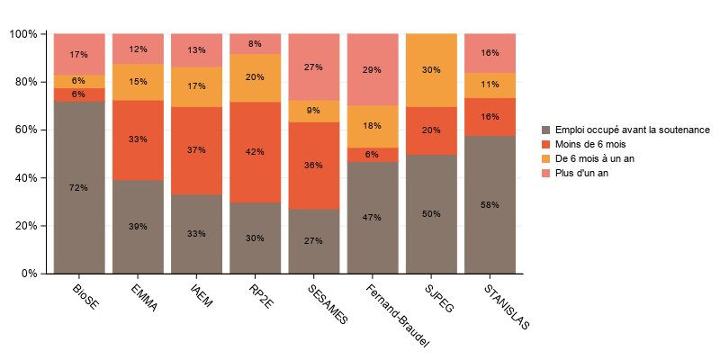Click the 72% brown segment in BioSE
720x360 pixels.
point(79,187)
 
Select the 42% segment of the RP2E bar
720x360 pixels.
point(255,152)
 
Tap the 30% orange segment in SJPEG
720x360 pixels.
point(431,70)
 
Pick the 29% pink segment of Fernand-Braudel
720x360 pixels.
point(373,69)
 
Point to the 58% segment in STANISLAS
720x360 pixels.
point(490,204)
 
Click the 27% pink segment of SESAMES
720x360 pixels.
point(313,67)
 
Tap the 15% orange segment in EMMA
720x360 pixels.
point(138,82)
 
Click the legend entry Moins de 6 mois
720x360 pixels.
point(590,144)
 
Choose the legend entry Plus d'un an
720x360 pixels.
point(583,173)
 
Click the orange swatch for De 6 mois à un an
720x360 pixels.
point(547,158)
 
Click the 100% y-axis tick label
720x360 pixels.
point(22,34)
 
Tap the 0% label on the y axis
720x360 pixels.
point(29,274)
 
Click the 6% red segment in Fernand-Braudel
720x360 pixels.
point(373,154)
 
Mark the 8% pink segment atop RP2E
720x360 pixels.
point(255,44)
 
